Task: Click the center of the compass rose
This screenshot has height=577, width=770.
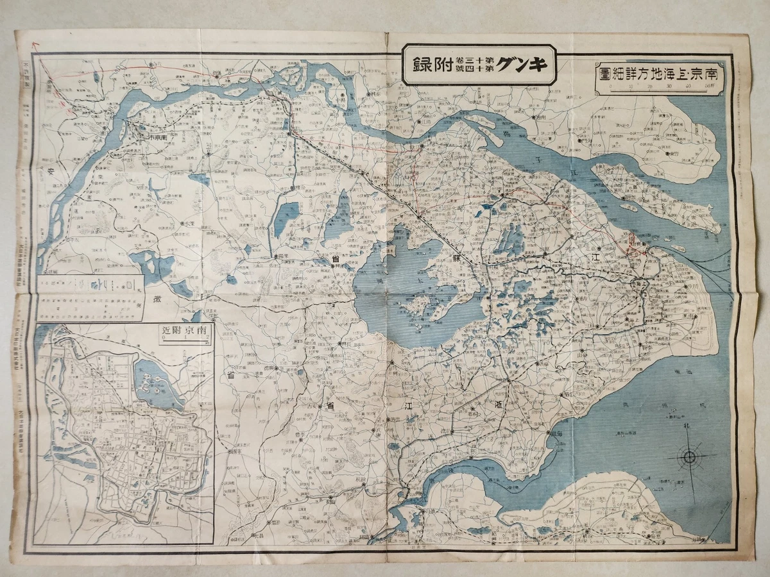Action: [690, 456]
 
